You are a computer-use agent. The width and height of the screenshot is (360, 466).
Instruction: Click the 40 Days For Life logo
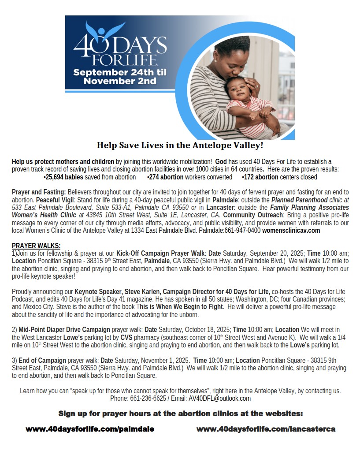coord(119,44)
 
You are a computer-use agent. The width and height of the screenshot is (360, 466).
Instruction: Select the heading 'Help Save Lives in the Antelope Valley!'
coord(180,145)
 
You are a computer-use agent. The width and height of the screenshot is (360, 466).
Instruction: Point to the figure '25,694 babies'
coord(64,177)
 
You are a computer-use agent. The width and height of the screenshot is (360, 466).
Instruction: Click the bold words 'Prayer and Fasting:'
coord(39,192)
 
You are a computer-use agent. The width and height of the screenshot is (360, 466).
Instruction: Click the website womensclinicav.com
coord(291,230)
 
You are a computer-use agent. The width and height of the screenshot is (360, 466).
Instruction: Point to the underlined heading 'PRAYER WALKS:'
coord(36,246)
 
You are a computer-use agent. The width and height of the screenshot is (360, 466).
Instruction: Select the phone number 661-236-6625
coord(149,398)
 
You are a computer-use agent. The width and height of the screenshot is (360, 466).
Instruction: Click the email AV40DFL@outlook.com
coord(219,398)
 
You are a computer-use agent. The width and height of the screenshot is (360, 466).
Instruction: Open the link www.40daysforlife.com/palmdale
coord(90,429)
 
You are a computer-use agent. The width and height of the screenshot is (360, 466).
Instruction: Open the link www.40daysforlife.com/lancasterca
coord(266,429)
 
